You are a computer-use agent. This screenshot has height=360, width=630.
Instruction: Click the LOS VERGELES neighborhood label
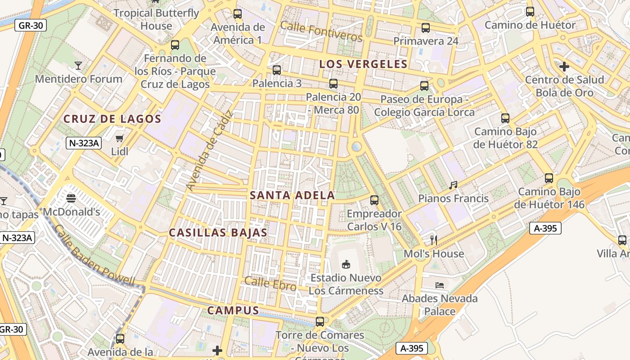click(x=363, y=64)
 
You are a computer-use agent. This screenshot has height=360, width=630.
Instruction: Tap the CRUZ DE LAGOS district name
click(x=112, y=119)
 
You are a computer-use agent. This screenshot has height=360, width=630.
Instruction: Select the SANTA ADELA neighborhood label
click(x=292, y=195)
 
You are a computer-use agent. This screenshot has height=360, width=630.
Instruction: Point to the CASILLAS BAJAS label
click(x=218, y=233)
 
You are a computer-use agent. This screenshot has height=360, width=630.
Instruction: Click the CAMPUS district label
click(x=233, y=310)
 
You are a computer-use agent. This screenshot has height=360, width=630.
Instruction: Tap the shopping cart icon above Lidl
click(x=120, y=138)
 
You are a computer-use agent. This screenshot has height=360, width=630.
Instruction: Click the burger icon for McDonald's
click(x=71, y=198)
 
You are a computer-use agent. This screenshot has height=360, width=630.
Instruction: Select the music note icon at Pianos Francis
click(x=453, y=185)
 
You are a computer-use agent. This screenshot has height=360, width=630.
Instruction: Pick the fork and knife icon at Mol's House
click(x=434, y=240)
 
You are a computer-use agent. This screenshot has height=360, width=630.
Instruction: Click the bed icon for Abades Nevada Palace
click(x=440, y=285)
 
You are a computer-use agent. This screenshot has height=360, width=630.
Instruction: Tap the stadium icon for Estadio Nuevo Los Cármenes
click(x=346, y=264)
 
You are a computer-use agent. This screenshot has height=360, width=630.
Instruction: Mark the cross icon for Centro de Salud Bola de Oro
click(x=564, y=67)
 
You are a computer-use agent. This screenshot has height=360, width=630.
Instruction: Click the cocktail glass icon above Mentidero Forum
click(x=78, y=66)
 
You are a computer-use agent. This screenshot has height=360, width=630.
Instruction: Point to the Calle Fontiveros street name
click(x=321, y=31)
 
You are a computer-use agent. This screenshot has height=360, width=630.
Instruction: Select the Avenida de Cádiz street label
click(x=209, y=150)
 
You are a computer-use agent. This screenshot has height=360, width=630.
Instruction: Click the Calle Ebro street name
click(x=270, y=283)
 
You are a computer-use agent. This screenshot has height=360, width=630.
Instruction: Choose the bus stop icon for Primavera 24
click(x=426, y=28)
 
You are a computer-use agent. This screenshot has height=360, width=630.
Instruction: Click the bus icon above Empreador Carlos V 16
click(x=374, y=200)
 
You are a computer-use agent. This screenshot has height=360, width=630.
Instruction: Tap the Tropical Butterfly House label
click(x=156, y=19)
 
